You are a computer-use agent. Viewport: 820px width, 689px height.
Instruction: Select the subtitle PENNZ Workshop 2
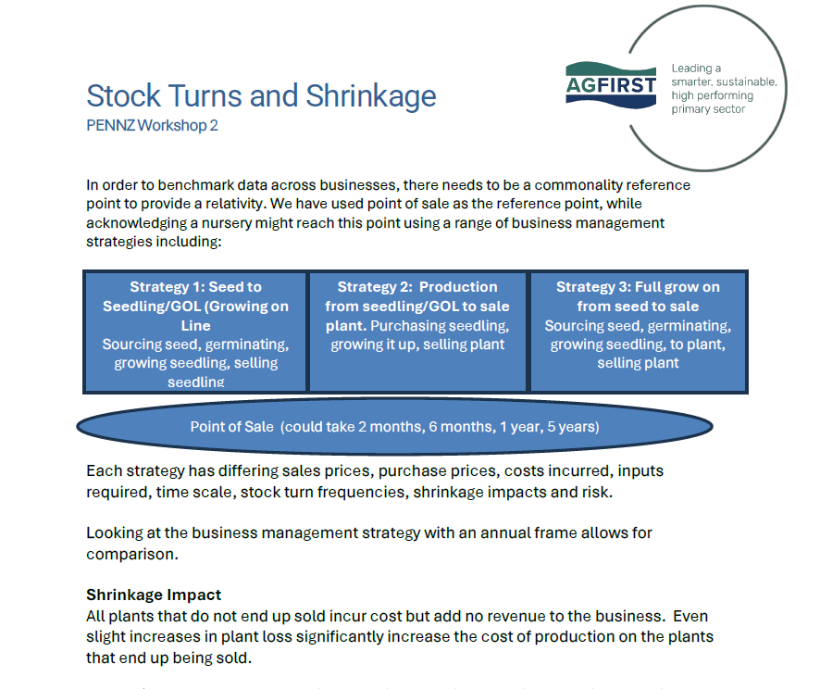[x=152, y=125]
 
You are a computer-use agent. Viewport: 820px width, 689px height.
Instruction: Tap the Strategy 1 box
[x=195, y=331]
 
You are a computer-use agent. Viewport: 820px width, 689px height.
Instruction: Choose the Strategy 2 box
[x=417, y=331]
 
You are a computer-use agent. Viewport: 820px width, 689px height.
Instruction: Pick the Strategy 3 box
[x=638, y=331]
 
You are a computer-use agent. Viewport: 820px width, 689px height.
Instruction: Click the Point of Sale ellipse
[x=395, y=427]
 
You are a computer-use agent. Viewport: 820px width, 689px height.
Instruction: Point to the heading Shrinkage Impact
[x=154, y=595]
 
